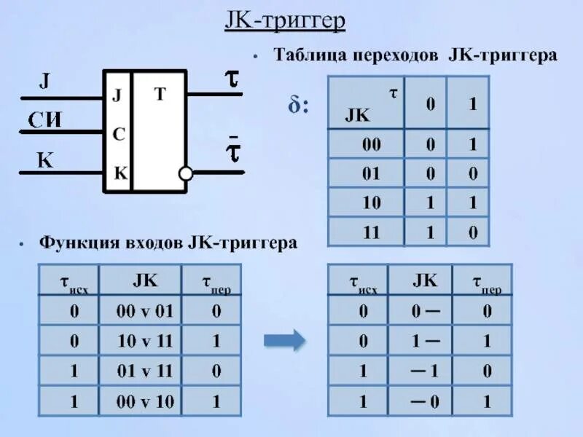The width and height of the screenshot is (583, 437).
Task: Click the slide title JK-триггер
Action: point(284,22)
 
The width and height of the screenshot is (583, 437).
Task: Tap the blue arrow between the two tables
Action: point(283,339)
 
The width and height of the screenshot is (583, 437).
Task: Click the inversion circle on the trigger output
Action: point(186,173)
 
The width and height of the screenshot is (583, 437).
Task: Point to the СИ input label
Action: point(44,119)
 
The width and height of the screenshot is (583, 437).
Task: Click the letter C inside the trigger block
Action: point(118,134)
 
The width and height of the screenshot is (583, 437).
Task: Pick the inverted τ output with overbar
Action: point(232,151)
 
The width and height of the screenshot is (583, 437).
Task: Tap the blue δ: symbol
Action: point(298,107)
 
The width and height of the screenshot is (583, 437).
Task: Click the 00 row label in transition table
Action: point(372,145)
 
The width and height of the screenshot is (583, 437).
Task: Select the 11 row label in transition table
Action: point(372,232)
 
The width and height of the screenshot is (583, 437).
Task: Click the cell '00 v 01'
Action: point(145,312)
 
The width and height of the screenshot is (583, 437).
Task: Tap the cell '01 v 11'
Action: point(145,371)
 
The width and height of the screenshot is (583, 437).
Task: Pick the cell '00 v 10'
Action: point(145,401)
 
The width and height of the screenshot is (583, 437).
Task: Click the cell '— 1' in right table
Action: point(425,371)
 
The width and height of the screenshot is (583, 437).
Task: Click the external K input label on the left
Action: point(45,160)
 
